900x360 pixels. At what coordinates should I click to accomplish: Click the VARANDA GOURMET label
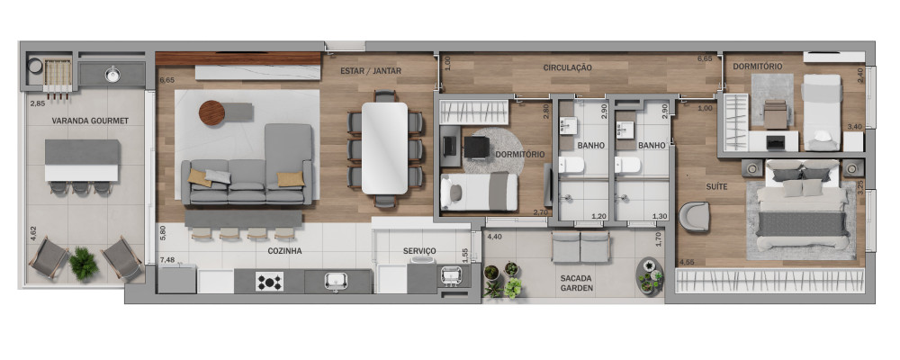[x=90, y=121]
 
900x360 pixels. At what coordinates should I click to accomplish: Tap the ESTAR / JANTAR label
[x=371, y=70]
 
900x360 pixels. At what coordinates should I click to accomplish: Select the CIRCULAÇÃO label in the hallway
[x=567, y=67]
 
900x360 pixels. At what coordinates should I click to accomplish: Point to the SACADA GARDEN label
[x=577, y=283]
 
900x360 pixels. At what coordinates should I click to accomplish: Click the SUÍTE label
[x=716, y=186]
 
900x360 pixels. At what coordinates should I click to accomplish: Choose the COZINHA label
[x=284, y=251]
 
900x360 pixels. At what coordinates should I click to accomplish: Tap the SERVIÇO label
[x=419, y=251]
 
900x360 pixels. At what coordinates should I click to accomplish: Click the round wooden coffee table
[x=211, y=112]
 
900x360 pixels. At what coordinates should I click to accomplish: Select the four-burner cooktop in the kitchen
[x=269, y=282]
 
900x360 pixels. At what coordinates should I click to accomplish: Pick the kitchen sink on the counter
[x=334, y=282]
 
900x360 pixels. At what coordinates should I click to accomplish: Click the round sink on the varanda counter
[x=112, y=74]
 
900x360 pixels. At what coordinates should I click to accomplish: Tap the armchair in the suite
[x=695, y=217]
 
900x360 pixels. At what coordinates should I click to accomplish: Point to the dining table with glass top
[x=384, y=148]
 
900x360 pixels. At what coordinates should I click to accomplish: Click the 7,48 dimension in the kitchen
[x=168, y=260]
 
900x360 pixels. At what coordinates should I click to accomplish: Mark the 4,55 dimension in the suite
[x=686, y=263]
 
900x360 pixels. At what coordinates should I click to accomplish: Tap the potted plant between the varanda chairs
[x=84, y=264]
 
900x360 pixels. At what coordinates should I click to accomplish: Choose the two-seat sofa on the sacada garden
[x=580, y=247]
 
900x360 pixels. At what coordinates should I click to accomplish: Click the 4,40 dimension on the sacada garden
[x=495, y=236]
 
